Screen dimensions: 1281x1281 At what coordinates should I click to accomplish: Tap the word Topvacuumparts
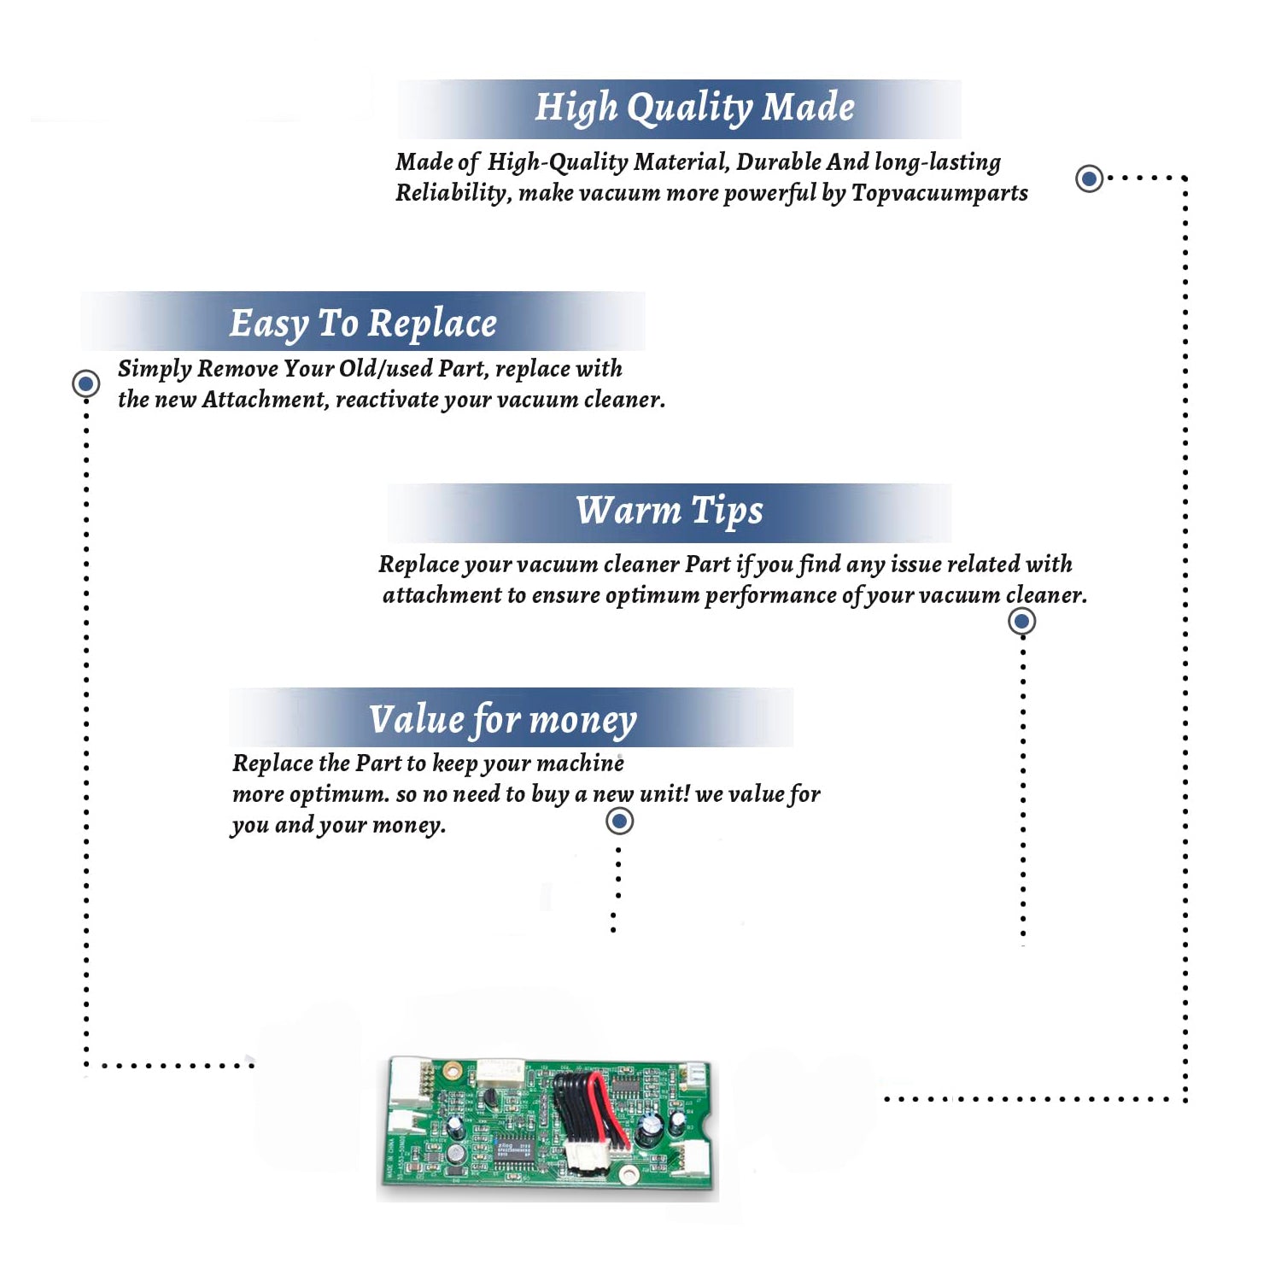click(939, 194)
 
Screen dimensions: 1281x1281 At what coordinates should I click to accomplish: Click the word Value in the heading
click(417, 719)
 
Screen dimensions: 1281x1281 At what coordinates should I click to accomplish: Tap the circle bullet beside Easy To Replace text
click(85, 383)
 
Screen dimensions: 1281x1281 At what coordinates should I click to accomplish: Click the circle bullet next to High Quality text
click(1089, 178)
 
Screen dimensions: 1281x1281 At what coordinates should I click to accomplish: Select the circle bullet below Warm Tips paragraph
click(1022, 621)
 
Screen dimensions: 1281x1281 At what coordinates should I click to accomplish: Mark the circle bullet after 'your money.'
click(619, 822)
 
